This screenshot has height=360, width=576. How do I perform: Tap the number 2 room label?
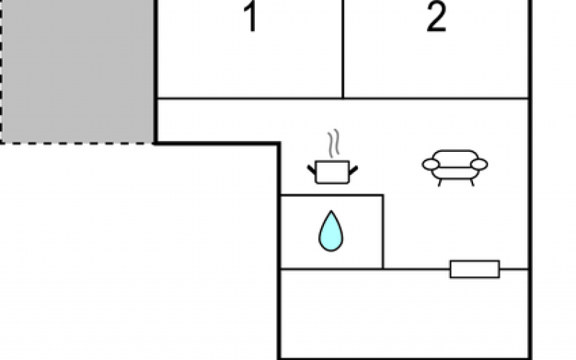(436, 17)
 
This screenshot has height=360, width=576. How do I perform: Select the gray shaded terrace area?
(77, 71)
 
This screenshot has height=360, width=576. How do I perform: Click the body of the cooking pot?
(333, 172)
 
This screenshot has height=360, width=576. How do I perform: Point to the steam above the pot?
(333, 143)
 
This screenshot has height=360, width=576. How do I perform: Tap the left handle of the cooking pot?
(312, 170)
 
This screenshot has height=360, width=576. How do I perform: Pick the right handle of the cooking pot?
(354, 170)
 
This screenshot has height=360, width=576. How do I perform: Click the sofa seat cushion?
(455, 173)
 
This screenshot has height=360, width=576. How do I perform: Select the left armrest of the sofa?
(431, 164)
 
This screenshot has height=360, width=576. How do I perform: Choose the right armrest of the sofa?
(479, 164)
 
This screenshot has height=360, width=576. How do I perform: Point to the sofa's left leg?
(439, 183)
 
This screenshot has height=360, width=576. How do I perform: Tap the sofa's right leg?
(472, 183)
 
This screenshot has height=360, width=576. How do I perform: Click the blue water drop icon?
(330, 231)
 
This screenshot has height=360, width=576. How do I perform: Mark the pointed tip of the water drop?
(331, 211)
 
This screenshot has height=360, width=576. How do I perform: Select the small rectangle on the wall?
(474, 269)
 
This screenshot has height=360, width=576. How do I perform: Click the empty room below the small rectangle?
(404, 313)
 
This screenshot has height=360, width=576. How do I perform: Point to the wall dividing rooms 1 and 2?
(343, 49)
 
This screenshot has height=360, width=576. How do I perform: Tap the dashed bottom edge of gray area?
(77, 143)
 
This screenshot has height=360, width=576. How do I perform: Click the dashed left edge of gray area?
(1, 71)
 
